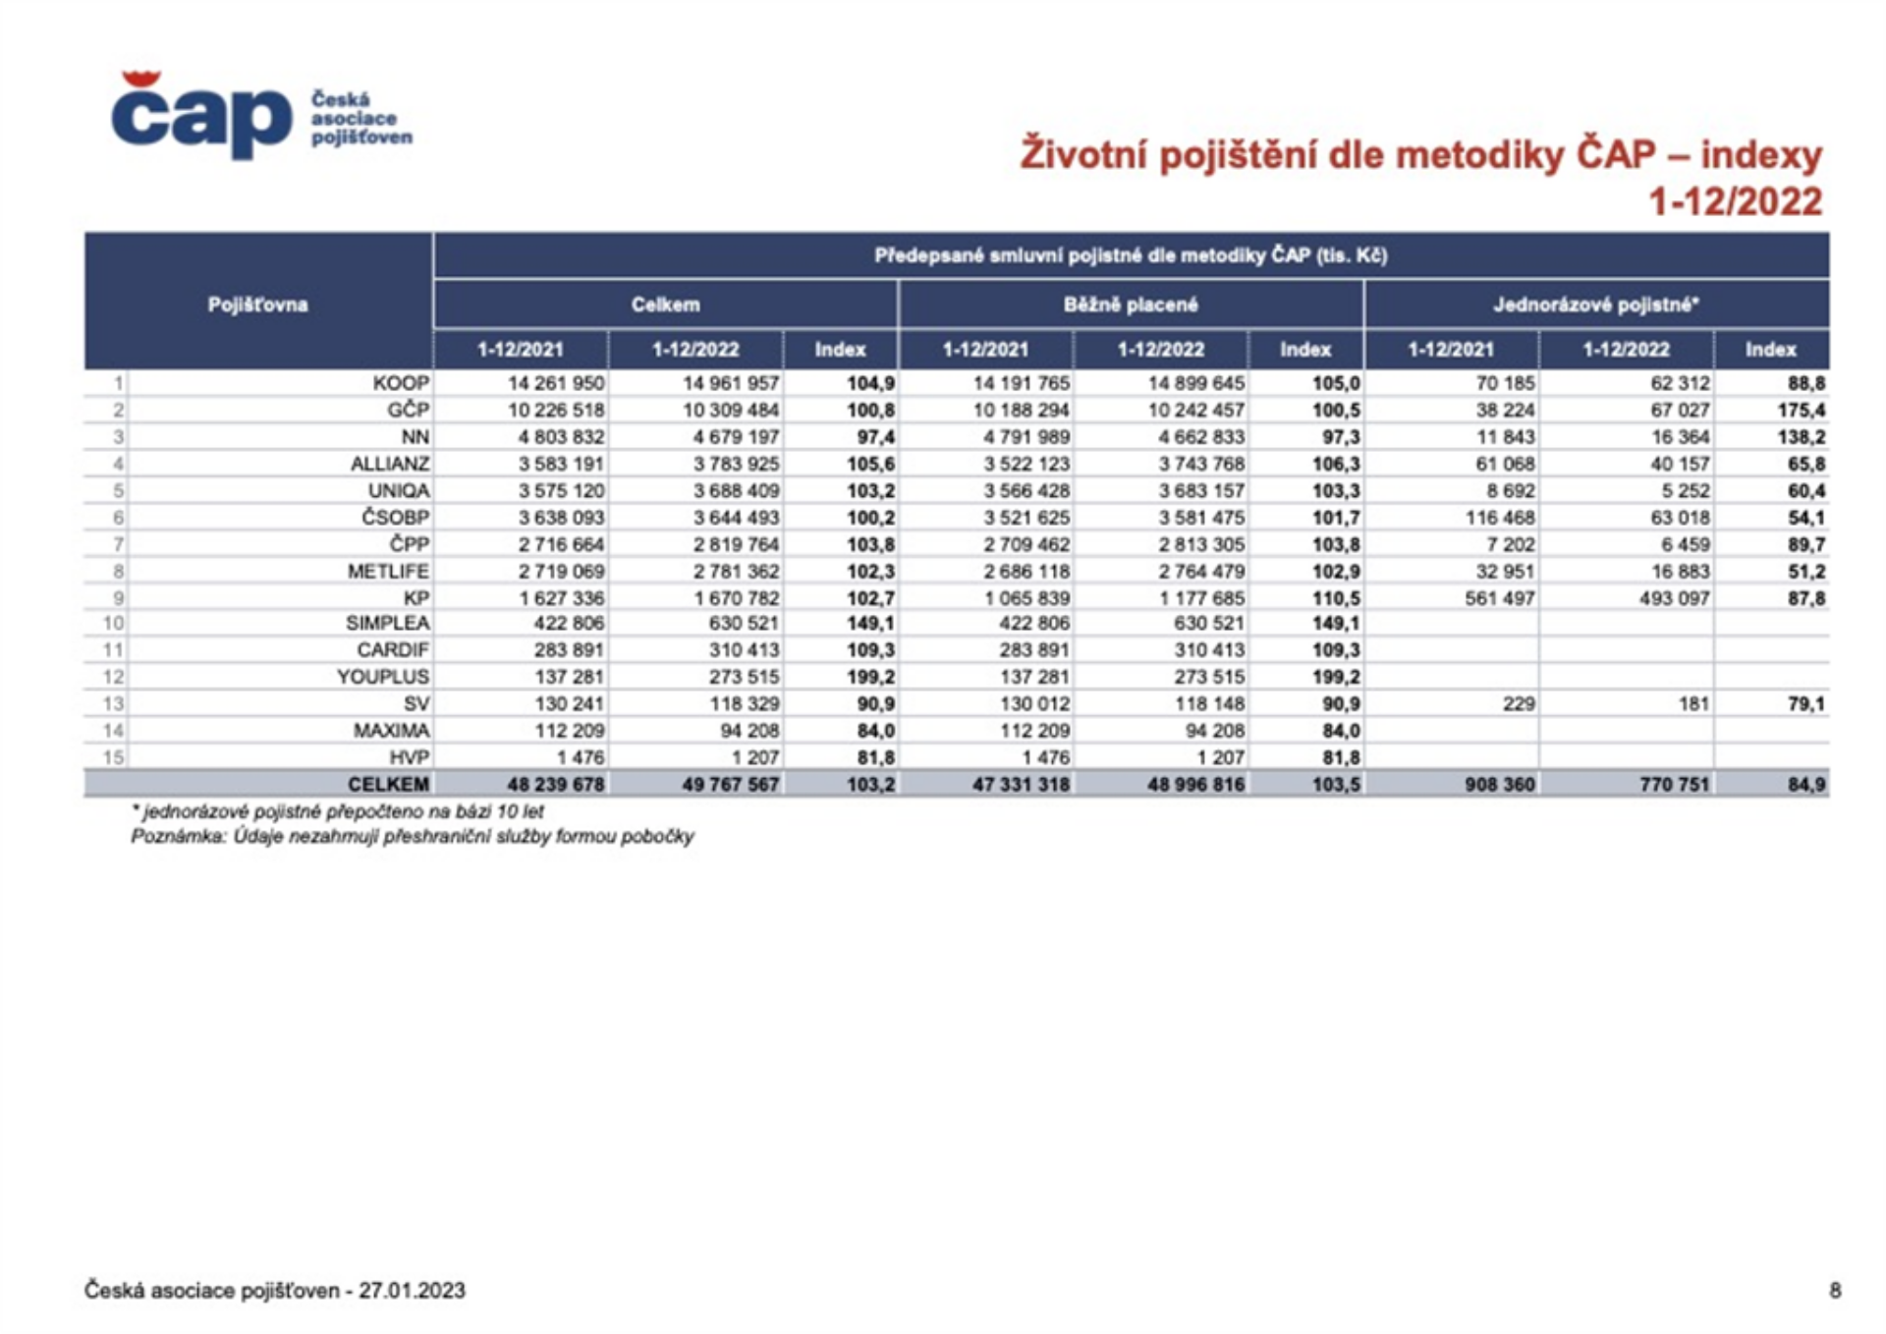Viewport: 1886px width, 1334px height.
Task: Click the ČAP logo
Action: point(261,115)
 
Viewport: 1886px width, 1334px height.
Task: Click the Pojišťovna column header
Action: point(257,305)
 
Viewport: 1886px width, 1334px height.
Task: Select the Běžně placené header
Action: point(1131,305)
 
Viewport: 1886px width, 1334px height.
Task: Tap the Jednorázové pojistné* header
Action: point(1596,305)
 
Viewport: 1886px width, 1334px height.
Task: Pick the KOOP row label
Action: point(401,383)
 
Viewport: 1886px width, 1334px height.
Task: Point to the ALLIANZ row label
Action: point(390,464)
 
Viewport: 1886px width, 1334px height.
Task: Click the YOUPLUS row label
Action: point(383,677)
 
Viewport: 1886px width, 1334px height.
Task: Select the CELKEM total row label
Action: point(388,784)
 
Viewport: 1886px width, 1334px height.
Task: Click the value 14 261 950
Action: point(556,383)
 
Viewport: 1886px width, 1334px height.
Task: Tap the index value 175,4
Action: point(1802,410)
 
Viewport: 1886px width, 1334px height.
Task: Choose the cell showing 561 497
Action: point(1499,598)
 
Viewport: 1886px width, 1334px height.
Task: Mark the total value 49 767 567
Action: point(731,784)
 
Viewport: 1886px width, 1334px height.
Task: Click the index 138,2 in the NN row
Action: point(1802,437)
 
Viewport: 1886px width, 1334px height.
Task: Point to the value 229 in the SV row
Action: point(1519,703)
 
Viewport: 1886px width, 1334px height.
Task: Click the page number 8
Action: point(1835,1291)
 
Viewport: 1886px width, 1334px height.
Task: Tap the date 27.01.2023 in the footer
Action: point(412,1291)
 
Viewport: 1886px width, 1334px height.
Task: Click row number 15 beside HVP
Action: point(114,757)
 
